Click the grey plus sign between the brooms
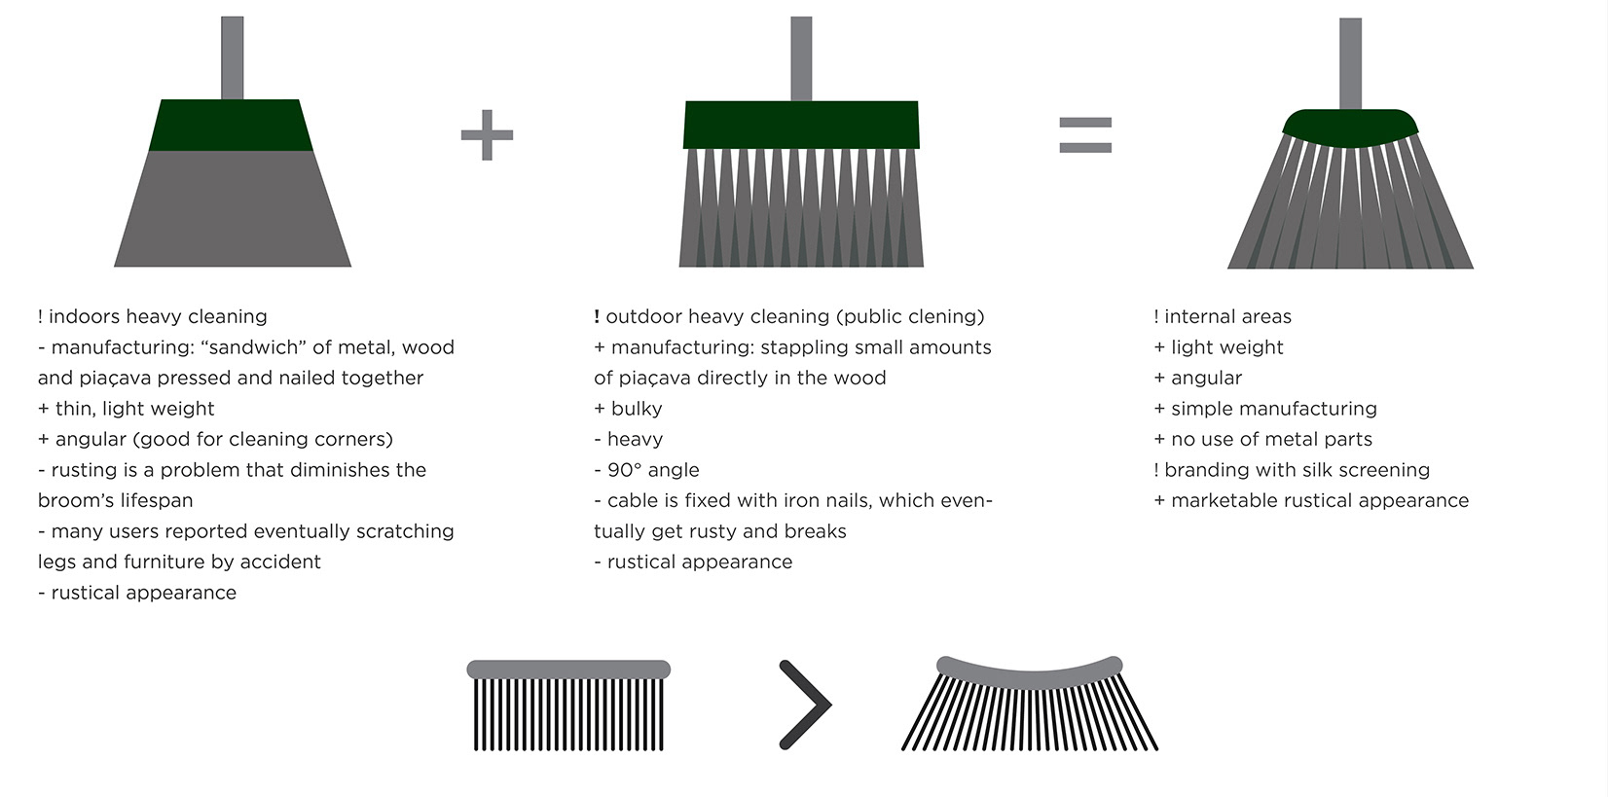coord(487,134)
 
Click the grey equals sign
coord(1084,135)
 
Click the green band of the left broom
coord(232,126)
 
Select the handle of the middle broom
coord(801,58)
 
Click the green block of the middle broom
coord(801,125)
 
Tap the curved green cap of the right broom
coord(1350,127)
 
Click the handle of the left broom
coord(232,57)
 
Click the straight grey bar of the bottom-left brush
coord(568,670)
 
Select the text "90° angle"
coord(653,470)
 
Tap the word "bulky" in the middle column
coord(637,409)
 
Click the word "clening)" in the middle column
coord(944,316)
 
